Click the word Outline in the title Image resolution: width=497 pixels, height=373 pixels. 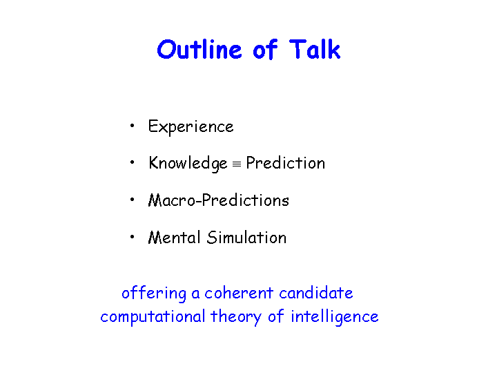click(199, 50)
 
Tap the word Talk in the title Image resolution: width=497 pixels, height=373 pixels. click(315, 49)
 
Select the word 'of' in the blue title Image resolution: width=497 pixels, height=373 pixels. click(265, 49)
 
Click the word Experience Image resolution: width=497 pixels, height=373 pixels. click(191, 127)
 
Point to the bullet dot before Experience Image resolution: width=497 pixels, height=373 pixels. click(132, 126)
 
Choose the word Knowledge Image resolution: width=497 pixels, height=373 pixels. click(188, 163)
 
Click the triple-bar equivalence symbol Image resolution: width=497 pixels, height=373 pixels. click(237, 164)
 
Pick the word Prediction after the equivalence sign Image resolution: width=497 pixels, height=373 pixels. click(286, 163)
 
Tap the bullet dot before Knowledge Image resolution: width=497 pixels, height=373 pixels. click(132, 162)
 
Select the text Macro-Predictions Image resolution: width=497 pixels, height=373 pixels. click(219, 200)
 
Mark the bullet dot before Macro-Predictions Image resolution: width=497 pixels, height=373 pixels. click(132, 200)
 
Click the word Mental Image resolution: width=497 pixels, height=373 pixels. click(175, 237)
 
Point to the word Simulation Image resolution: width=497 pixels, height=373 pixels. click(246, 237)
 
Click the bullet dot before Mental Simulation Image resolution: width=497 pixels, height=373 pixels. click(132, 237)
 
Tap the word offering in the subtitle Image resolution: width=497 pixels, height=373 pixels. click(154, 293)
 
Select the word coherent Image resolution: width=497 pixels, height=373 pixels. click(239, 293)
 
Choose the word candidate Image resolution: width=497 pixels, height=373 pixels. click(316, 293)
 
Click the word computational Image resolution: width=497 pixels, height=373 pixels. click(153, 316)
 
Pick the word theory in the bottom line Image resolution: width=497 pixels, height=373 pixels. click(236, 316)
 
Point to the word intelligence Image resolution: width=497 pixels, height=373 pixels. click(335, 316)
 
